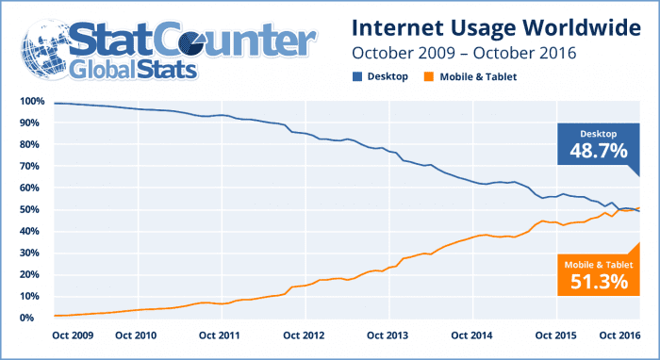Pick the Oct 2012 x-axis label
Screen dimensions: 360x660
[304, 335]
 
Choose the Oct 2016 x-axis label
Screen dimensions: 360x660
[618, 335]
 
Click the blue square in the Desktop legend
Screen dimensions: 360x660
[358, 76]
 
